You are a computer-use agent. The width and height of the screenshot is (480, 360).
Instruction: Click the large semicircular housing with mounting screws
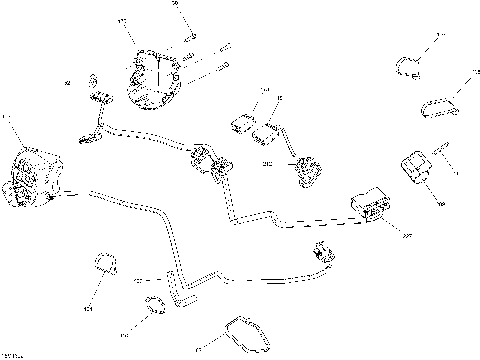point(152,76)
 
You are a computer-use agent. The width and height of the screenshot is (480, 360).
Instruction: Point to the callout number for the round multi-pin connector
point(7,119)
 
